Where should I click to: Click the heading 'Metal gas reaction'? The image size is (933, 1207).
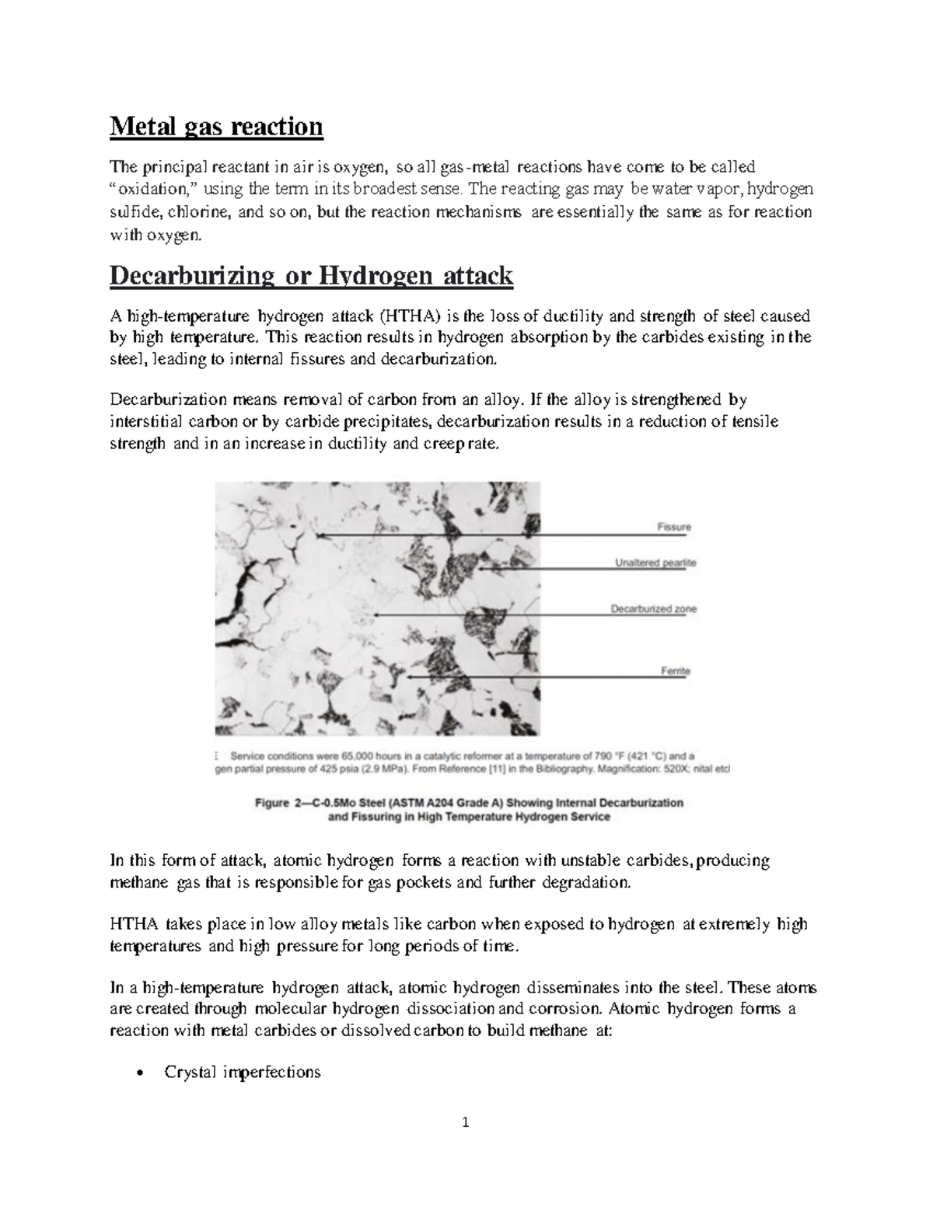click(x=215, y=126)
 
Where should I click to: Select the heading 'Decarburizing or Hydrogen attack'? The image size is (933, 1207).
click(x=311, y=275)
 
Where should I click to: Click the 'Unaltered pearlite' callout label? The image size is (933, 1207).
click(x=655, y=562)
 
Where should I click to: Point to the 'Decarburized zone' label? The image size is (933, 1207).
click(x=653, y=609)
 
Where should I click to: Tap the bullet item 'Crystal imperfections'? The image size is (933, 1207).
click(x=242, y=1073)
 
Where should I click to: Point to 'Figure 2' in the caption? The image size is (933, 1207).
click(x=279, y=803)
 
